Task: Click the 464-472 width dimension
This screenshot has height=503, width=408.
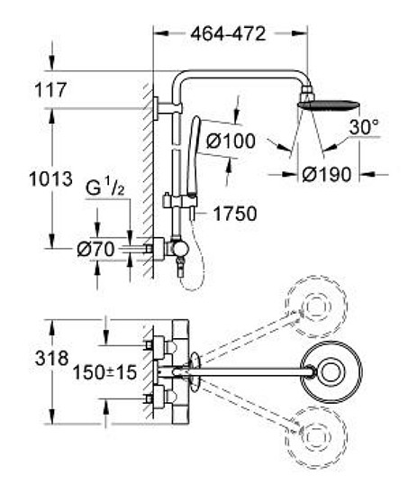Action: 228,33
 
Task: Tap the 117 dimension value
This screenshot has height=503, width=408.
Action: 50,90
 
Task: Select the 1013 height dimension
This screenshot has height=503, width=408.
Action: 50,179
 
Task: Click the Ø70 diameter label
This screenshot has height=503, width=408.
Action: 95,250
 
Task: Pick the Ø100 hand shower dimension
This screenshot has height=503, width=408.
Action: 231,141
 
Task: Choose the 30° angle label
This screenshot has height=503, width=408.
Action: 364,127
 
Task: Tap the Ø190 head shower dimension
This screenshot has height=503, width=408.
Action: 327,175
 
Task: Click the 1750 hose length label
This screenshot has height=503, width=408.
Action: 235,214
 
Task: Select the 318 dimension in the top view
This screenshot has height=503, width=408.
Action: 51,358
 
